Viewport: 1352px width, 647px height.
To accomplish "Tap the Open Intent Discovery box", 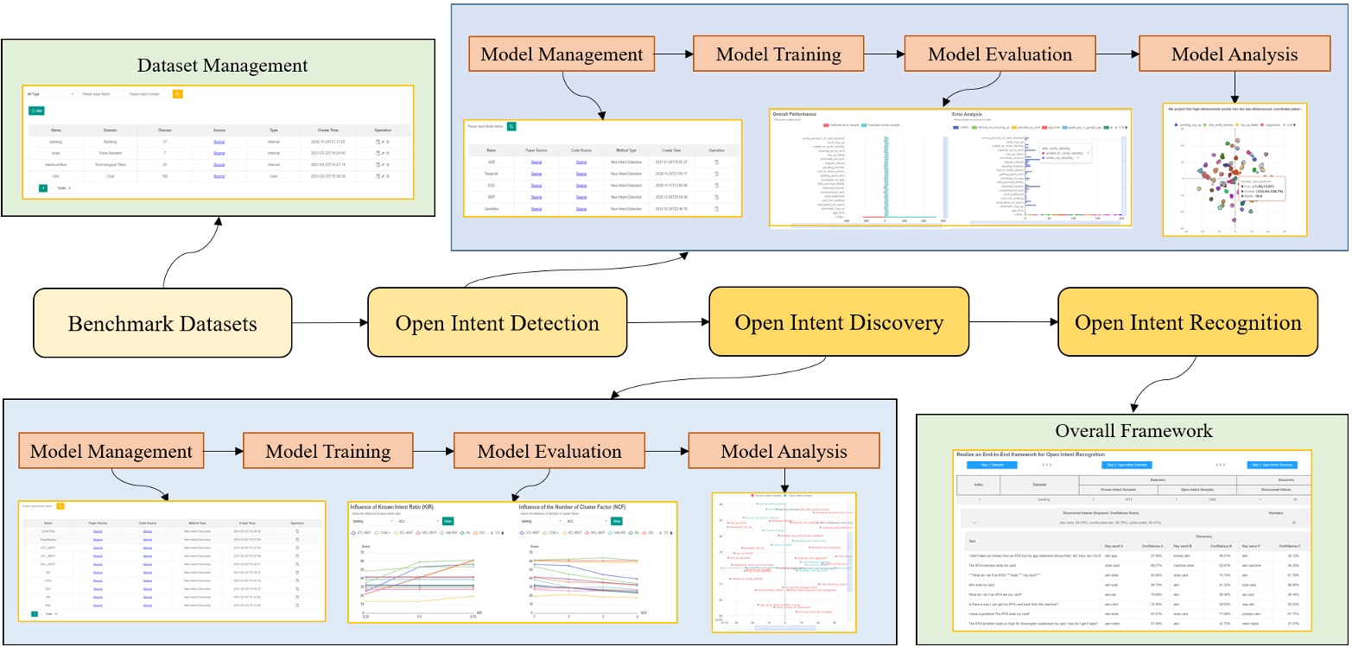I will click(838, 323).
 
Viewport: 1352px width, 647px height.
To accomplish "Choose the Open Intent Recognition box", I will click(1188, 323).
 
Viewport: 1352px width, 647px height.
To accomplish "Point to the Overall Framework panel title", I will click(1133, 430).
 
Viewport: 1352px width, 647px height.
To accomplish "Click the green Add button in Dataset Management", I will click(36, 111).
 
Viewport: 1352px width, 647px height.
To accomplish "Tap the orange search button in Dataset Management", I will click(178, 93).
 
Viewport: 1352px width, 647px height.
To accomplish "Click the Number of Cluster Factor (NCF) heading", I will click(587, 507).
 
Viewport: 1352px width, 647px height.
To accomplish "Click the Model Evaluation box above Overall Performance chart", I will click(1000, 54).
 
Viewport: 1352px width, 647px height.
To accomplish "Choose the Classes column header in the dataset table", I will click(164, 129).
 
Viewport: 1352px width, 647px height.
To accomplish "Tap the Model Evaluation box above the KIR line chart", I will click(545, 452).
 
